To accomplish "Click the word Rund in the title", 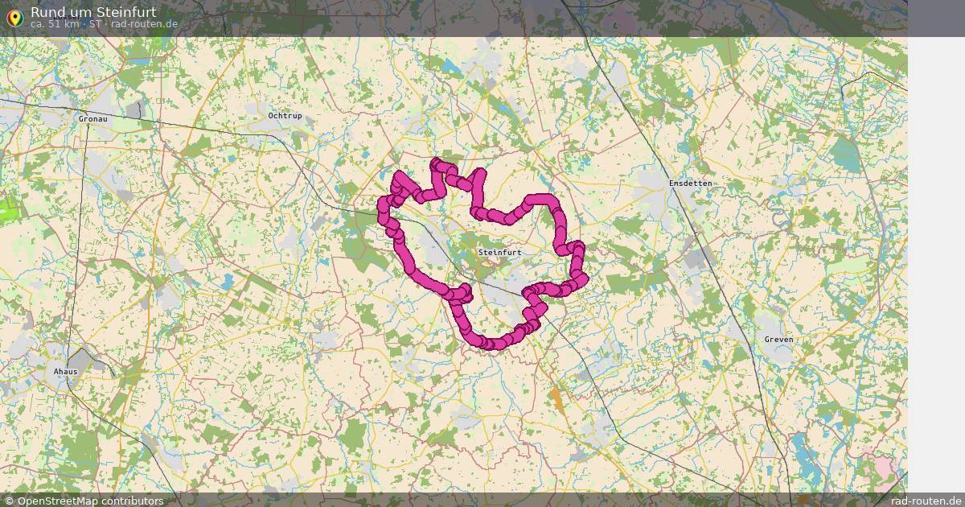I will tap(48, 12).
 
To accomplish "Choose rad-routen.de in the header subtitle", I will tap(145, 24).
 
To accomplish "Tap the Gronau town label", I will tap(93, 119).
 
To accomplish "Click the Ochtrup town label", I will tap(285, 116).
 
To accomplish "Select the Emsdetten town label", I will tap(690, 183).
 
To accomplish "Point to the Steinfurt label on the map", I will tap(499, 253).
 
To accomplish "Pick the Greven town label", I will tap(778, 340).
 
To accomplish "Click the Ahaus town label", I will tap(65, 372).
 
